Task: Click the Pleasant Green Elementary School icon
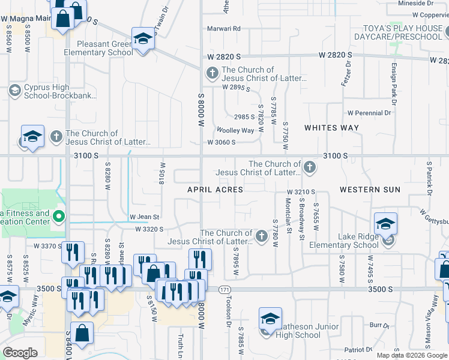click(x=142, y=40)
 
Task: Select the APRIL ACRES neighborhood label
click(x=215, y=190)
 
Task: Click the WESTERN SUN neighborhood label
click(x=370, y=190)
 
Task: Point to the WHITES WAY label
click(x=331, y=128)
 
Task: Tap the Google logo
click(x=20, y=353)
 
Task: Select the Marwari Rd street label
click(x=223, y=28)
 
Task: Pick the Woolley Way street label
click(x=235, y=130)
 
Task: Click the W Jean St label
click(x=144, y=217)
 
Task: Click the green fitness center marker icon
click(x=59, y=216)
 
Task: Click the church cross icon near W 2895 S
click(x=212, y=74)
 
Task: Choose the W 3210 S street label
click(x=300, y=192)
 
